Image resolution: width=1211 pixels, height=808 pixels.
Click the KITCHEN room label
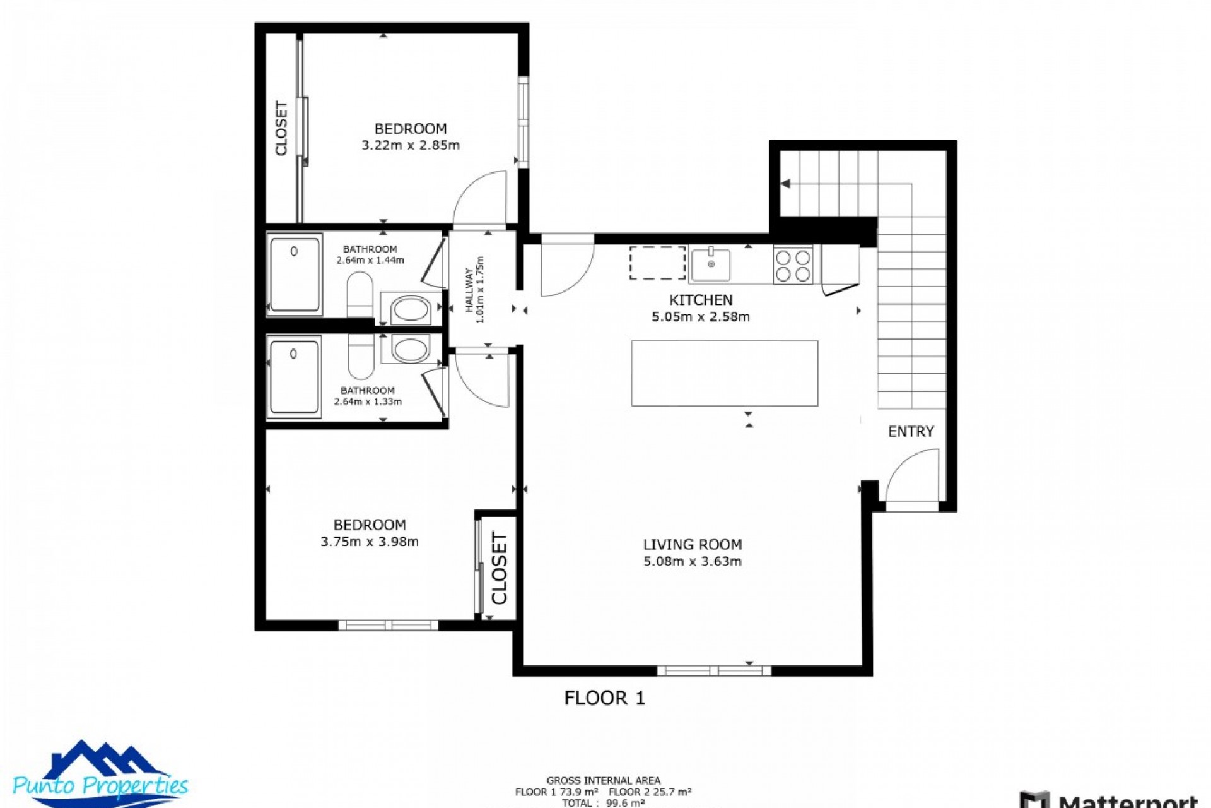pos(700,300)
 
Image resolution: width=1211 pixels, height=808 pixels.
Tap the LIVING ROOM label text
pos(692,545)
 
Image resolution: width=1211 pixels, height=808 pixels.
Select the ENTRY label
pos(910,432)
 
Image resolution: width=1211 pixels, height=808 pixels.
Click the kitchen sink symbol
pos(710,264)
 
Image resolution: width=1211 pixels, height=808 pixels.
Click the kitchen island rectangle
pos(724,373)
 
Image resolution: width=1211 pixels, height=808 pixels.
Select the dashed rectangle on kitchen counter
pos(657,263)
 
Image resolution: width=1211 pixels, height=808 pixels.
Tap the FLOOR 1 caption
pos(604,698)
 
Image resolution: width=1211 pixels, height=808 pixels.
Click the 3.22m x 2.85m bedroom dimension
pos(411,146)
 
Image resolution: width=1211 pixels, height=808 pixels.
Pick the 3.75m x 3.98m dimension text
pos(370,542)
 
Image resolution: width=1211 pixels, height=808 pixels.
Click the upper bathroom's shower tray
pos(295,275)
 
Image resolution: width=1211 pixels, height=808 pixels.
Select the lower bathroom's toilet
pos(360,357)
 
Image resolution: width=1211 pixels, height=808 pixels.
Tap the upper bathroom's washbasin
pos(411,309)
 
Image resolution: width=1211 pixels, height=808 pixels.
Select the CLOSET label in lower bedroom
pos(499,568)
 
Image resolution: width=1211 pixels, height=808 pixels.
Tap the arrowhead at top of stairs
pos(785,184)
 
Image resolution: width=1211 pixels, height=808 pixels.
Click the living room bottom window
pos(713,670)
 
